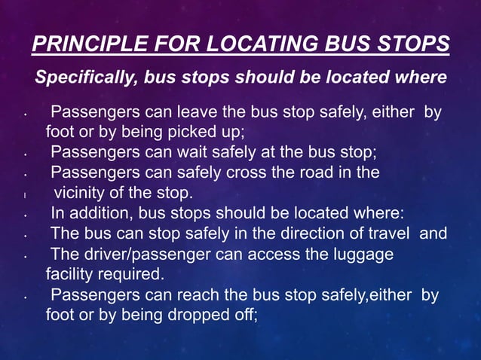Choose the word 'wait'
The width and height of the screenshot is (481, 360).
(x=198, y=153)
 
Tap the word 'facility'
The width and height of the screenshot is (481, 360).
(x=71, y=273)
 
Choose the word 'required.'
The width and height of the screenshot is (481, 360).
(x=135, y=273)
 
